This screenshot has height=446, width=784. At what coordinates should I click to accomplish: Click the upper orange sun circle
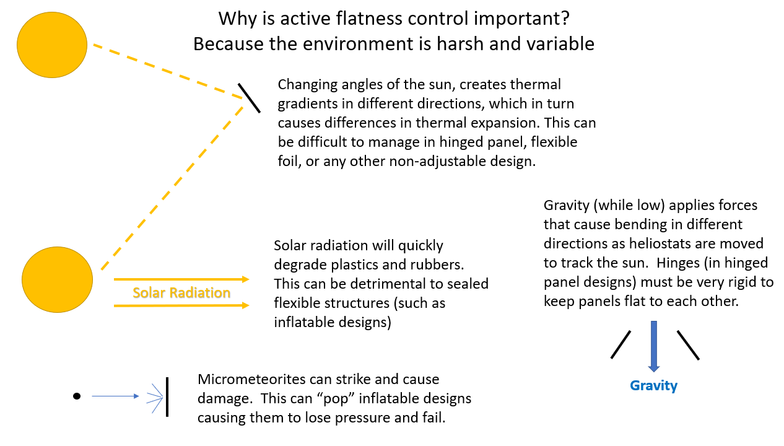tap(52, 45)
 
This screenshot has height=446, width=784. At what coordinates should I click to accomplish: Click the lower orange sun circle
tap(57, 279)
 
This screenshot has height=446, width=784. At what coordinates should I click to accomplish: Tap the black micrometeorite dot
tap(77, 396)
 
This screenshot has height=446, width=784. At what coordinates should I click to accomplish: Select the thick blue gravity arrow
tap(653, 346)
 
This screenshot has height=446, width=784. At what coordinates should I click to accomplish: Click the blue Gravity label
tap(653, 386)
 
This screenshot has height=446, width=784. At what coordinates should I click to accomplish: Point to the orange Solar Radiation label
tap(181, 292)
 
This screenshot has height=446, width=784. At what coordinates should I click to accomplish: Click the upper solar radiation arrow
tap(181, 279)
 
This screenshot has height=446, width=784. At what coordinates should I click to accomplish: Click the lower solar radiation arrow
tap(181, 305)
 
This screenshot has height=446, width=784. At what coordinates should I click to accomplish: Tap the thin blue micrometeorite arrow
tap(116, 396)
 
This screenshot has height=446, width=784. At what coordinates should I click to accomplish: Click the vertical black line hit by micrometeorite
tap(167, 397)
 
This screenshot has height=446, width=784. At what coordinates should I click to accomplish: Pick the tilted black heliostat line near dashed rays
tap(249, 98)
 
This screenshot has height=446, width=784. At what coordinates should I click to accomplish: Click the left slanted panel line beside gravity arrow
tap(621, 344)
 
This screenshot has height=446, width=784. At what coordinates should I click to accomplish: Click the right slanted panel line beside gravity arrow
tap(688, 345)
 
